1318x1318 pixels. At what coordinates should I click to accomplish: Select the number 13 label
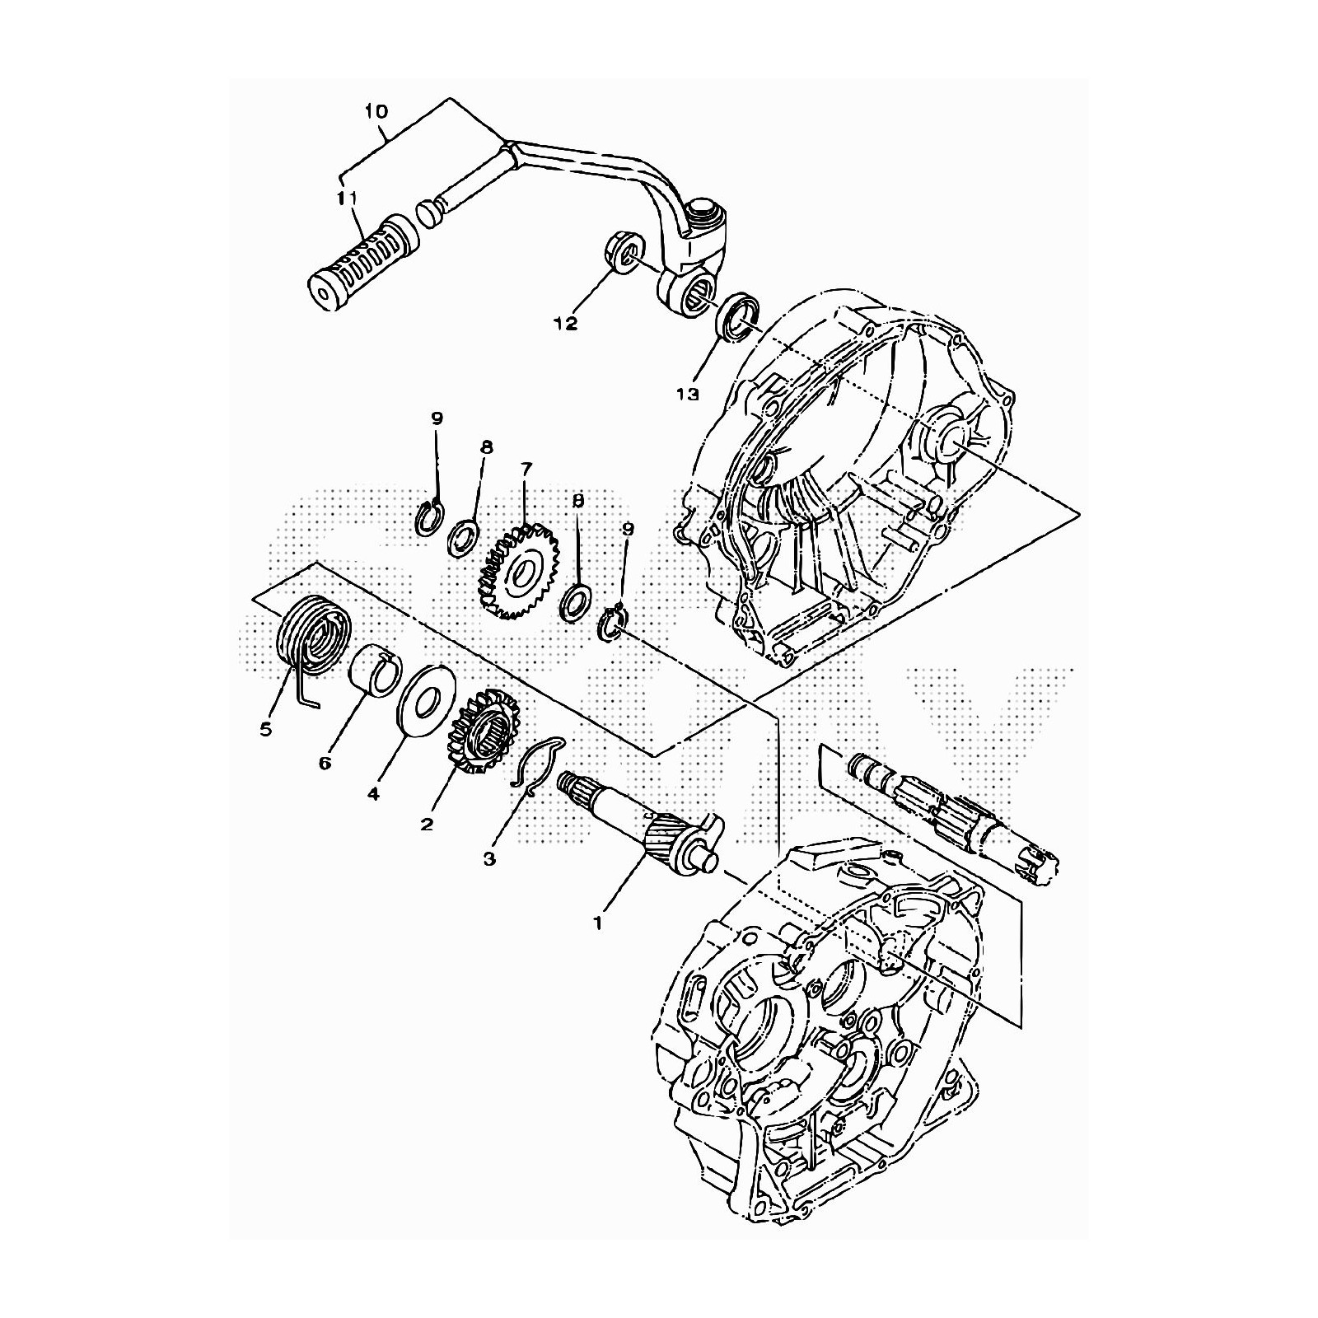pyautogui.click(x=687, y=394)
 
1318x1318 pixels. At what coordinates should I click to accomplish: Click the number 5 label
pyautogui.click(x=265, y=729)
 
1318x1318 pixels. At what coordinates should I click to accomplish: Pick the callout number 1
pyautogui.click(x=598, y=923)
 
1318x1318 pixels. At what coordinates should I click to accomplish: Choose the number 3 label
pyautogui.click(x=489, y=859)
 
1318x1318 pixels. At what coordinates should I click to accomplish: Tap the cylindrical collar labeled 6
pyautogui.click(x=376, y=667)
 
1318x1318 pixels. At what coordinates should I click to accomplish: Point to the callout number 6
pyautogui.click(x=325, y=764)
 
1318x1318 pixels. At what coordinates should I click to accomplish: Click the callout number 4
pyautogui.click(x=373, y=794)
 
